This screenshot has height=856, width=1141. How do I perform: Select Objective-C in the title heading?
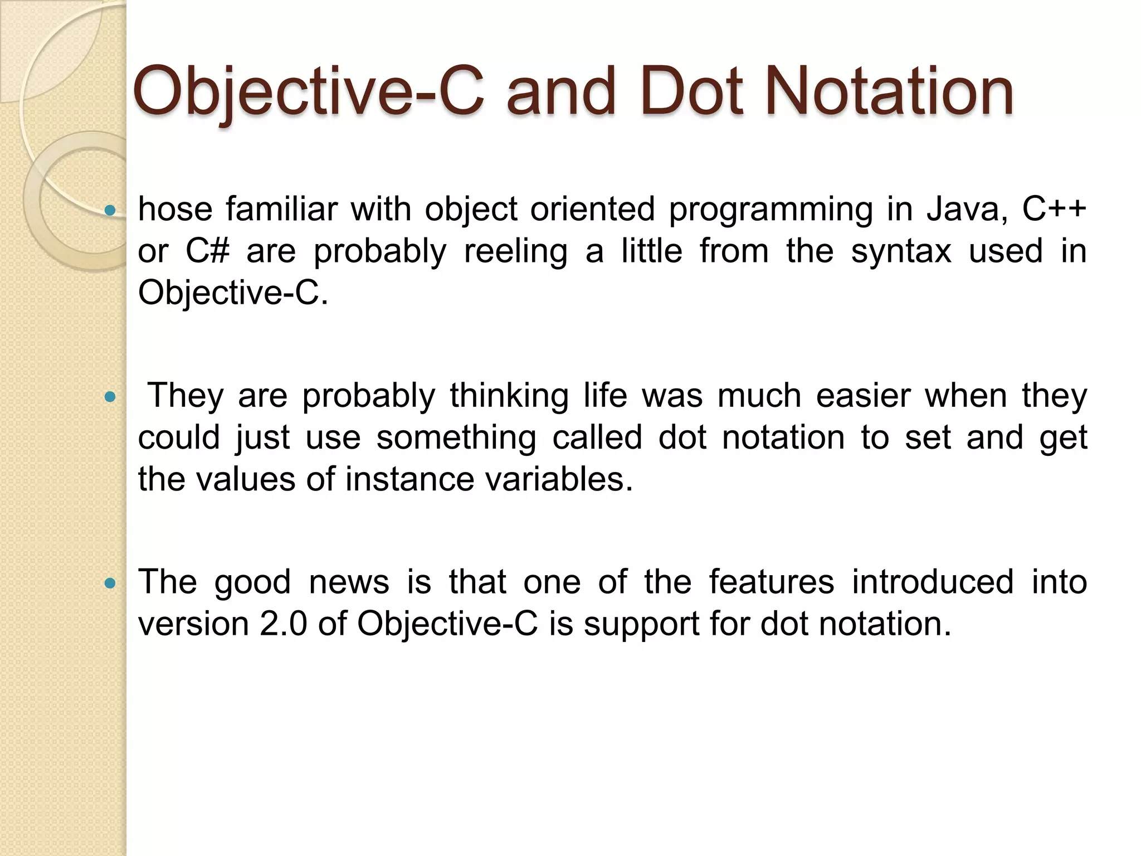308,91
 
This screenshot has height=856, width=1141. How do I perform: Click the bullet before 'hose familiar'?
110,210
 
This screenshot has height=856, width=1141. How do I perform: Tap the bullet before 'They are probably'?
110,397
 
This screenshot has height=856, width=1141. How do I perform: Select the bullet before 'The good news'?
110,583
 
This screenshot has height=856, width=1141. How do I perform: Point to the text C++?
1054,209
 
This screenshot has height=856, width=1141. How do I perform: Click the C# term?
207,251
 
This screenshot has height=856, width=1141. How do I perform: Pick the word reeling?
516,252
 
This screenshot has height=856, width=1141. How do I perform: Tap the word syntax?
901,252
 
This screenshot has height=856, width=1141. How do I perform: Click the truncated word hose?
175,209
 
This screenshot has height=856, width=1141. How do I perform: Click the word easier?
863,396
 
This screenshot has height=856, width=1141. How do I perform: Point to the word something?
456,438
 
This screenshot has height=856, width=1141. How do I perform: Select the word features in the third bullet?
772,582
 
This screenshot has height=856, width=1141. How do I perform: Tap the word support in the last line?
641,625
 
